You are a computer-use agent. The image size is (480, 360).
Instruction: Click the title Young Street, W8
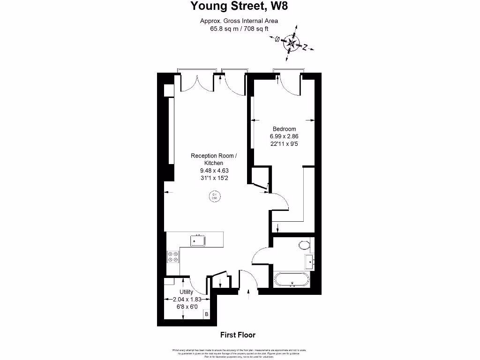tap(239, 6)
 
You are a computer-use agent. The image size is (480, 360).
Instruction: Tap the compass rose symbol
tap(292, 44)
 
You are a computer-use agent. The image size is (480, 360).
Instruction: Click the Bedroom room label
tap(285, 129)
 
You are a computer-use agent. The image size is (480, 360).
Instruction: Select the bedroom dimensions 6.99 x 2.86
tap(284, 136)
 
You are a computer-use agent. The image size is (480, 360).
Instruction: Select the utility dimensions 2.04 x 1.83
tap(187, 300)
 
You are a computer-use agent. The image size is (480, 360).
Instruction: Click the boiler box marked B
tap(206, 314)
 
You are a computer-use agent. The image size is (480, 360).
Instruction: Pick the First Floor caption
tap(238, 335)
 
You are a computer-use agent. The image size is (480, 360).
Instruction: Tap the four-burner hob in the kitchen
tap(173, 257)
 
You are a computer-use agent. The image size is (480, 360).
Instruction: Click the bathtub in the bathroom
tap(291, 280)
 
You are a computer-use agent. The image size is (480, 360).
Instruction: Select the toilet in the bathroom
tap(304, 245)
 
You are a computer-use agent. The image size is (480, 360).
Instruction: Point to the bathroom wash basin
tap(309, 261)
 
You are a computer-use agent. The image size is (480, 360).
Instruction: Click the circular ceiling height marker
tap(215, 196)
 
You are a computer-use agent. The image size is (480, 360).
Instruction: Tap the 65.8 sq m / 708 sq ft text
tap(239, 28)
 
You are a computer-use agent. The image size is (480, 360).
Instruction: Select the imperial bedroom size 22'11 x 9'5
tap(284, 144)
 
